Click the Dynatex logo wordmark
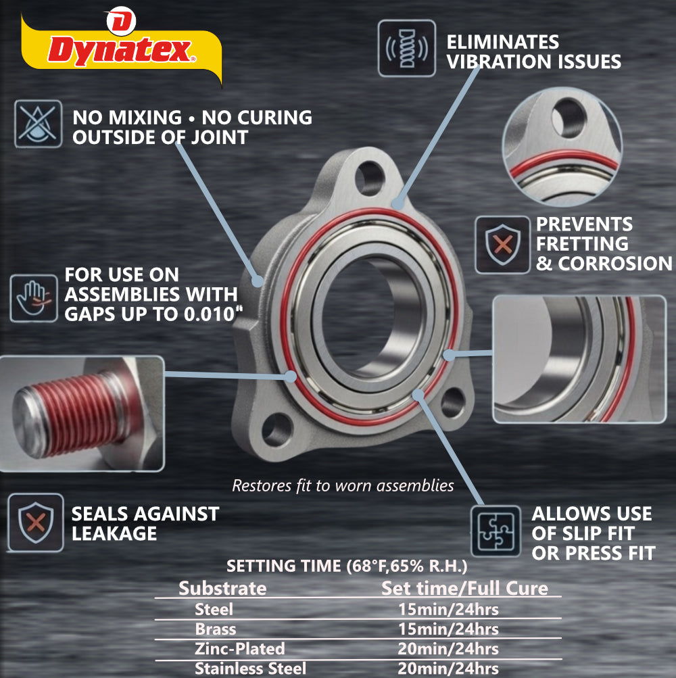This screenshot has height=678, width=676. point(121,51)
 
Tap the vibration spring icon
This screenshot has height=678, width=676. point(406,49)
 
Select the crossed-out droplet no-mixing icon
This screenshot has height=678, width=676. point(38,124)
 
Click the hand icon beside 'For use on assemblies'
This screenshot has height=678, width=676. point(34,298)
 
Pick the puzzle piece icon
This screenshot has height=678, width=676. point(496,531)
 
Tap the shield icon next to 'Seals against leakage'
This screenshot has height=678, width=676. point(36,523)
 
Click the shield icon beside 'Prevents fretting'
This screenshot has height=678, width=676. point(502,245)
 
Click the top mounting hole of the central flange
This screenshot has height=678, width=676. point(369,178)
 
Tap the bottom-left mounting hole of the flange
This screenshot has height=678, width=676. point(276,430)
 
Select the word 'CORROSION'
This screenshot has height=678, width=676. point(615,264)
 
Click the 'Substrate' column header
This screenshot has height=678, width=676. point(222,588)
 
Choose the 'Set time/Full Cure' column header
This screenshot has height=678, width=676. point(464,588)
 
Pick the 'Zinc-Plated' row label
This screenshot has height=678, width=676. point(239,649)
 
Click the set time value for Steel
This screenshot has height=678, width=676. point(448,609)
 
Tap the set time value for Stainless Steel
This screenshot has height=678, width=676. point(448,669)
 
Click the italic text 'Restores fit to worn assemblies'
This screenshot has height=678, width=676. point(343,485)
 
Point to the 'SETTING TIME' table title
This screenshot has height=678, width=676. point(347,566)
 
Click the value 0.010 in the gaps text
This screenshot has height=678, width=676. point(209,314)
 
